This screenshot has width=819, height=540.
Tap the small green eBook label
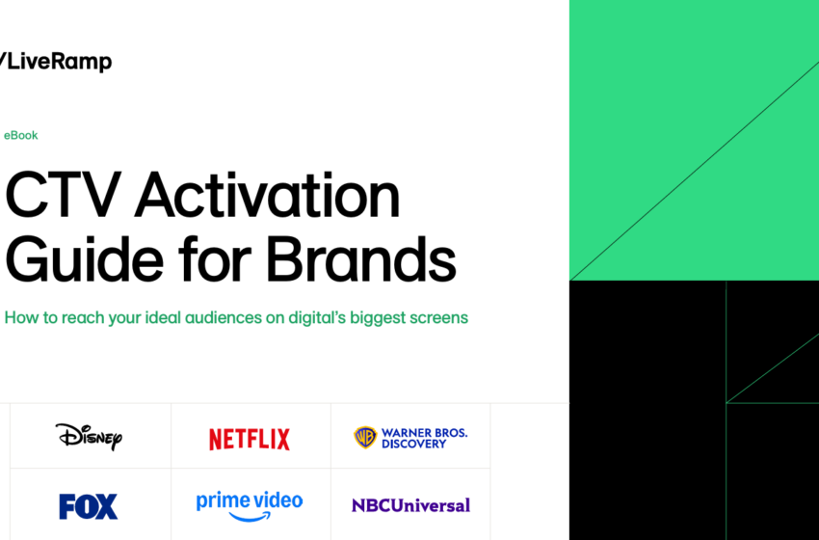click(21, 136)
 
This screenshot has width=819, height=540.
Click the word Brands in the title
click(361, 260)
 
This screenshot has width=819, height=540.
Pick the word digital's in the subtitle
click(320, 317)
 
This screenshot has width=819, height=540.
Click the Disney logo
click(89, 437)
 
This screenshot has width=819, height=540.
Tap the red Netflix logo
click(250, 440)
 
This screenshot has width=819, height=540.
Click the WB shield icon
click(365, 438)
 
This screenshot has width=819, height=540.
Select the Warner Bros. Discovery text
click(424, 438)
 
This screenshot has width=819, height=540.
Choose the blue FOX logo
click(88, 506)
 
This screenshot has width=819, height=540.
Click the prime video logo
click(250, 501)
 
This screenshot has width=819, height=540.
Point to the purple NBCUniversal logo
click(410, 505)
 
